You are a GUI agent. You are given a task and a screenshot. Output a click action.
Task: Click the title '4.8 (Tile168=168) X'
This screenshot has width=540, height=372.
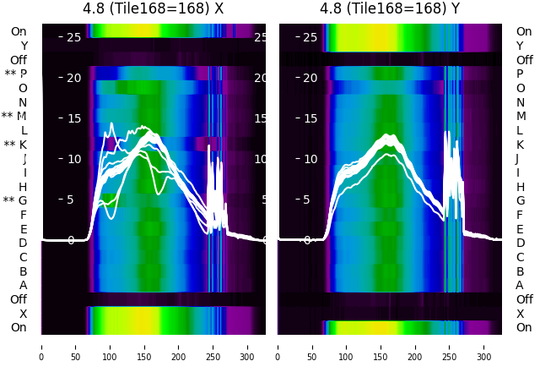154,9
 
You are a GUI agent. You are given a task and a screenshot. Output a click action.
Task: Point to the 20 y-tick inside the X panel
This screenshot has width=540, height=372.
71,78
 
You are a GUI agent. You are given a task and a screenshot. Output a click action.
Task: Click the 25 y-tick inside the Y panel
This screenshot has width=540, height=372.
310,37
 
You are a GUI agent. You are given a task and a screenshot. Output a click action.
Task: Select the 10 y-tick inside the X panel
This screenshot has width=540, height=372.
71,159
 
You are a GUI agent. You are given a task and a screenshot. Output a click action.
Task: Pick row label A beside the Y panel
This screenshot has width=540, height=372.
520,286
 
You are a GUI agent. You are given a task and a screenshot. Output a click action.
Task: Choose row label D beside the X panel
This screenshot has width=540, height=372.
23,243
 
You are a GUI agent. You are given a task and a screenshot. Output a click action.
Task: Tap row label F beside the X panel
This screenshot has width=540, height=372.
24,216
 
